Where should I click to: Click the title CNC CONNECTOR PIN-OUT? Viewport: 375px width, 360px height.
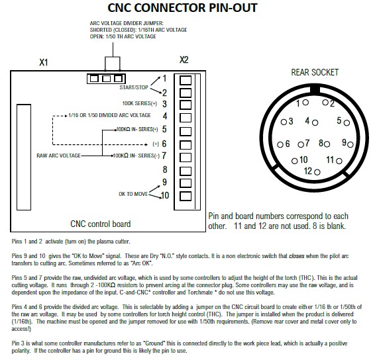[x=182, y=8]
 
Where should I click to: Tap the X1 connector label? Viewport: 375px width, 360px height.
[x=44, y=63]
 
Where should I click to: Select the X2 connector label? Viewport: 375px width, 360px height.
[x=184, y=60]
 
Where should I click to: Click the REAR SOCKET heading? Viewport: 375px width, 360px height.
[x=315, y=72]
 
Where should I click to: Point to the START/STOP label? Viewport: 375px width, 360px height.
[x=134, y=87]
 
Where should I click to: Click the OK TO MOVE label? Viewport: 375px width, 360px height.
[x=133, y=194]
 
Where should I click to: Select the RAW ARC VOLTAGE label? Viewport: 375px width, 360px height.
[x=58, y=156]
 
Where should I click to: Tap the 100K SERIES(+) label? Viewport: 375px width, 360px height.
[x=140, y=103]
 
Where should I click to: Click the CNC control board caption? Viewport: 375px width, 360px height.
[x=101, y=224]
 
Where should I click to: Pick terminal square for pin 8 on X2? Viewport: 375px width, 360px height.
[x=186, y=171]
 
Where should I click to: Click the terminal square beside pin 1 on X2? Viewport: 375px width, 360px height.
[x=186, y=80]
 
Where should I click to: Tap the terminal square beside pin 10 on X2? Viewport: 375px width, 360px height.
[x=186, y=196]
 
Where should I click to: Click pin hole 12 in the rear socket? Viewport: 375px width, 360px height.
[x=317, y=172]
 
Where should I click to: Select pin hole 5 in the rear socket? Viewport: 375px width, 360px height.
[x=347, y=123]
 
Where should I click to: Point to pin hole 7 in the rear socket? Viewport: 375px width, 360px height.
[x=301, y=144]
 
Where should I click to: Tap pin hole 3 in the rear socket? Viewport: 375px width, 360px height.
[x=284, y=122]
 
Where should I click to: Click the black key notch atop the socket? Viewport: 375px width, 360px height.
[x=315, y=90]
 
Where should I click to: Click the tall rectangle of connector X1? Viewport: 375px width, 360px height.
[x=24, y=157]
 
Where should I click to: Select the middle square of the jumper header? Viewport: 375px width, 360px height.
[x=106, y=79]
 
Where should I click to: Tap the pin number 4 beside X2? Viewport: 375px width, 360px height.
[x=165, y=116]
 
